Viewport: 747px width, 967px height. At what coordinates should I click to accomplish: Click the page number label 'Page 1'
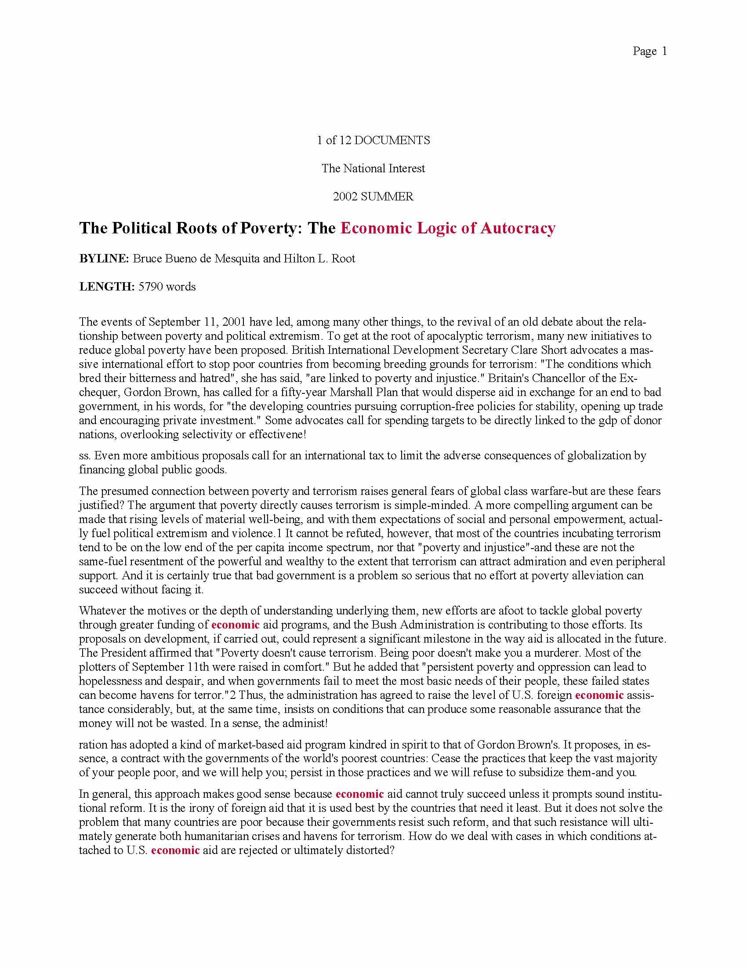(x=649, y=51)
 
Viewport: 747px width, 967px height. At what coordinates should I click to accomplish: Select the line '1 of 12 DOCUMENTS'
(x=373, y=140)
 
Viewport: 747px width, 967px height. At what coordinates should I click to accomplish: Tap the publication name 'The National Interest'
(x=373, y=168)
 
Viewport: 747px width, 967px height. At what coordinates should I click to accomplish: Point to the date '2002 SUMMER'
(x=373, y=196)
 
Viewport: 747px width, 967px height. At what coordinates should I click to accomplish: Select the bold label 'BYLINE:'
(x=104, y=258)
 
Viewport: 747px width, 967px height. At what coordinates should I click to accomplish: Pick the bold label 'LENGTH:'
(x=107, y=287)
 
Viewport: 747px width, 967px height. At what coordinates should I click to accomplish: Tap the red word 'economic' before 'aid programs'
(x=236, y=625)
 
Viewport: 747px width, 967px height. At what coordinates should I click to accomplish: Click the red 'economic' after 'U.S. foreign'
(x=599, y=695)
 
